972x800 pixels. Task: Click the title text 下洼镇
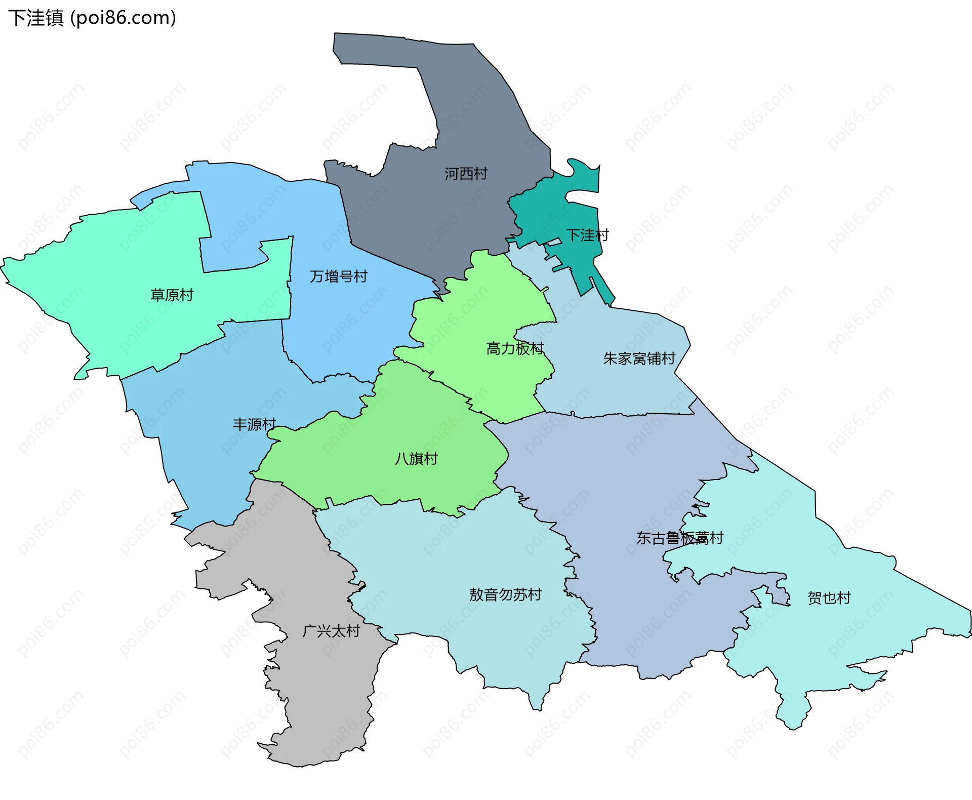pos(35,18)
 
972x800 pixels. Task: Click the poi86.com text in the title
pos(123,18)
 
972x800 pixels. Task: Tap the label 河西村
pos(466,174)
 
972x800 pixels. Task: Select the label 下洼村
pos(587,235)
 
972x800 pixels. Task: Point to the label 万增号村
pos(338,276)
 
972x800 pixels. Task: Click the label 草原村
pos(172,295)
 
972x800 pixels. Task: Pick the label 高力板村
pos(515,348)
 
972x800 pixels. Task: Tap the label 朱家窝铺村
pos(639,358)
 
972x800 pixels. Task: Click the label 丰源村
pos(254,424)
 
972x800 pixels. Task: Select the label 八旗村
pos(416,459)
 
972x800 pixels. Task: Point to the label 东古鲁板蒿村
pos(679,538)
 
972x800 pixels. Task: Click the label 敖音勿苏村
pos(505,594)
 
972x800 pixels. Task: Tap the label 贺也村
pos(829,598)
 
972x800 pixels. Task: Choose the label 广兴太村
pos(331,631)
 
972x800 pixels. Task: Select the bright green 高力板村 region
pos(486,314)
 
